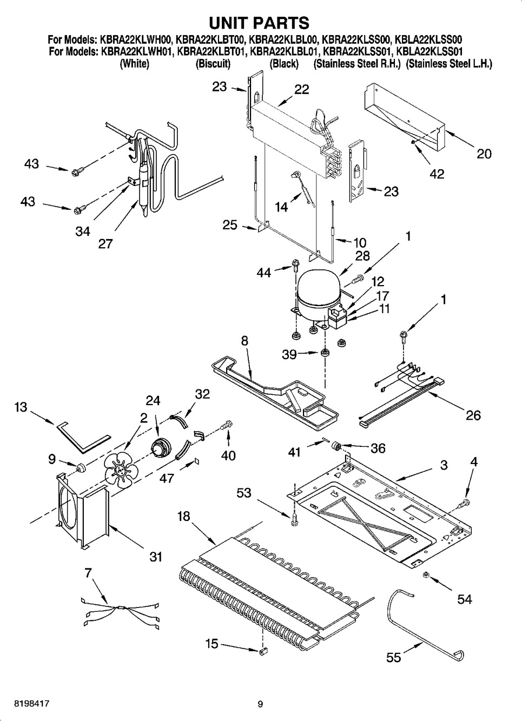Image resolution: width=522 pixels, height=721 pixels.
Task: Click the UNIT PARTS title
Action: coord(259,23)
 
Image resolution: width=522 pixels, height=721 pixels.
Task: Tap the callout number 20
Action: coord(484,154)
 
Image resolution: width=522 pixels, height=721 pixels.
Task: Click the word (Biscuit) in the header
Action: coord(213,64)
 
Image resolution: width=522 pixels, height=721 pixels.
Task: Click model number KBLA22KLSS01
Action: coord(430,51)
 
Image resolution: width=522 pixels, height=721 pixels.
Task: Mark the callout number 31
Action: coord(156,557)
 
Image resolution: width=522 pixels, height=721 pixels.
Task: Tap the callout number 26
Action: coord(473,415)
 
